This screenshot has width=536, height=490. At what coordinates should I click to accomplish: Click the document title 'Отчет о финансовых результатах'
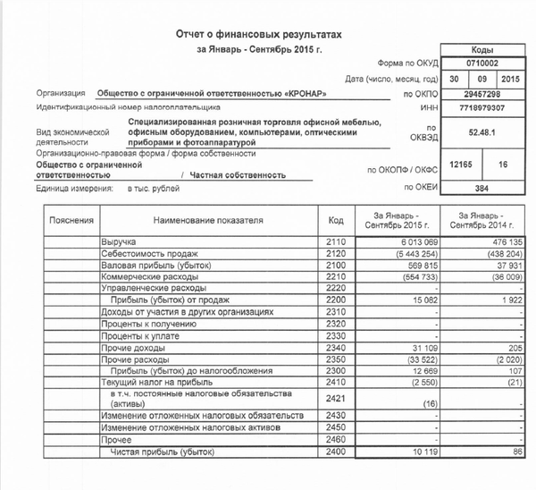[258, 32]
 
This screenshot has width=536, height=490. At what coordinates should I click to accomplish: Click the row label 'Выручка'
[119, 242]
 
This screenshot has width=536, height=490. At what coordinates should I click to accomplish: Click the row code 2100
[336, 266]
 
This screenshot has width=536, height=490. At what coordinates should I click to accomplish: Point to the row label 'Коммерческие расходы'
[147, 277]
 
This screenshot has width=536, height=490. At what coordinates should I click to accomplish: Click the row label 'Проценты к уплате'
[138, 335]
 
